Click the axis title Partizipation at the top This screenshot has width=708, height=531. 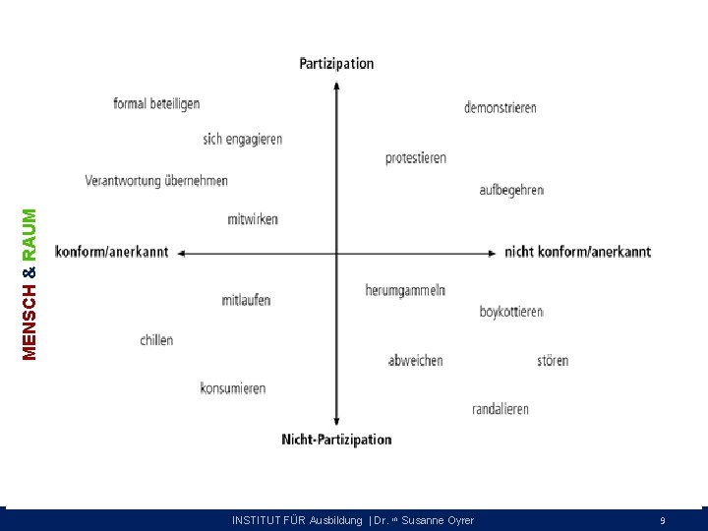[336, 64]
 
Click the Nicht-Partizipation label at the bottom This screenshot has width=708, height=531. [336, 440]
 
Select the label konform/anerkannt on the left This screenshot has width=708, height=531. [112, 252]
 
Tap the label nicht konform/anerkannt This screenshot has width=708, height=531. [577, 252]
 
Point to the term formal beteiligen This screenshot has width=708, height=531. [156, 103]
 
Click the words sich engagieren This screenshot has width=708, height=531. [243, 140]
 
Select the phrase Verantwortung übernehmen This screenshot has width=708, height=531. [156, 181]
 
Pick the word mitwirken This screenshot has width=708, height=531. [253, 219]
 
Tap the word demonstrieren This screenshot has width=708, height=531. [501, 107]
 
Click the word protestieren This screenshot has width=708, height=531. [416, 157]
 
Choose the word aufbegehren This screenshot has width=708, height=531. [511, 190]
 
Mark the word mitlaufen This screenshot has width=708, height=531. [246, 300]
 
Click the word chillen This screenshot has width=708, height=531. [156, 340]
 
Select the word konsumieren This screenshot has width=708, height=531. [233, 388]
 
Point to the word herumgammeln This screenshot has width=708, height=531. [405, 291]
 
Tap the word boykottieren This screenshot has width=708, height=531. [511, 312]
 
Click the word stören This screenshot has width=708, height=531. [553, 361]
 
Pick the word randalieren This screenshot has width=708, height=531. [501, 409]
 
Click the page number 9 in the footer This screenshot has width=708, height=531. [663, 521]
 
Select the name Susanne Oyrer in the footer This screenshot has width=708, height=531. [438, 521]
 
